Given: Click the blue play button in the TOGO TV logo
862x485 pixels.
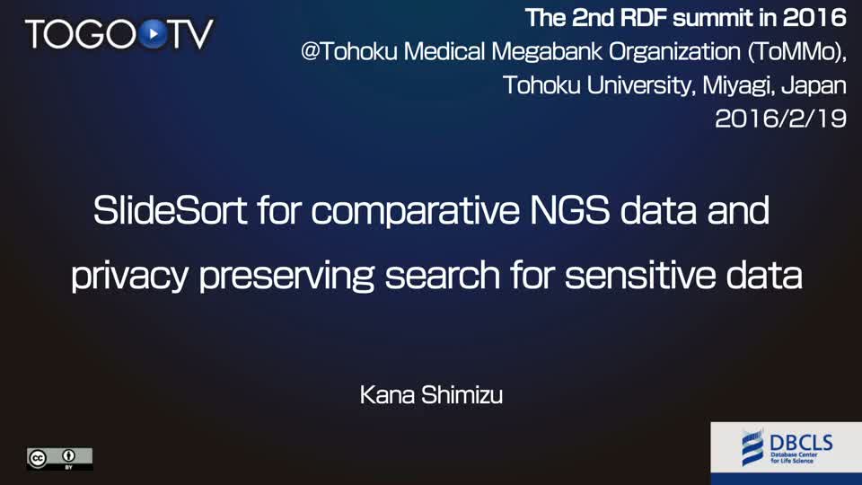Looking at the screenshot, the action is (x=153, y=33).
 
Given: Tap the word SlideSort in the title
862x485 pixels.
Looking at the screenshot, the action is (x=170, y=210).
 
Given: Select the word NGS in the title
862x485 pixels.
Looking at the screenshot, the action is (x=569, y=210).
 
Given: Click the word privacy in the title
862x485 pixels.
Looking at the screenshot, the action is (x=129, y=276).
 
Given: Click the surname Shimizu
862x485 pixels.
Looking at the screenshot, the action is (x=462, y=395).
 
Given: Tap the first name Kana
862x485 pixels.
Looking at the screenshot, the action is (x=387, y=395).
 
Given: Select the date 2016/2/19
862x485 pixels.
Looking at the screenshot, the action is (x=780, y=119).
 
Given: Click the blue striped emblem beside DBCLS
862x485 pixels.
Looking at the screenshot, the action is (x=752, y=447).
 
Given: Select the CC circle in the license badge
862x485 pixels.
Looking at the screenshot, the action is (x=38, y=458).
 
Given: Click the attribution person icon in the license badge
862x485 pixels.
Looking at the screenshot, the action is (x=69, y=455).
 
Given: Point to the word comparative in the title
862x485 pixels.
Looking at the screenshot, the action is (x=415, y=211).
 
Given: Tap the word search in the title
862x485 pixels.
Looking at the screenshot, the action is (x=443, y=275).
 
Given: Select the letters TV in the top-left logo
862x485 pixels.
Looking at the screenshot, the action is (x=190, y=34).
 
